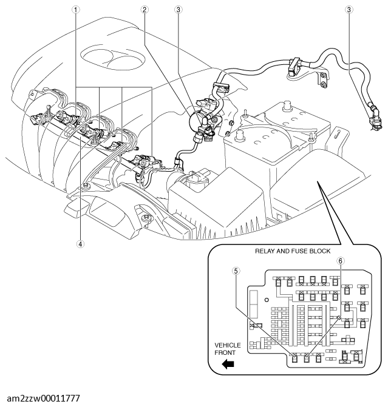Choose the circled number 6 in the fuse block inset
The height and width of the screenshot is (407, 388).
[341, 260]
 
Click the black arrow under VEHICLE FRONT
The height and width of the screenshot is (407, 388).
[228, 365]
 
